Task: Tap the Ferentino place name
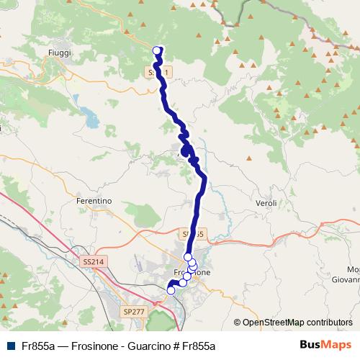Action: (x=94, y=202)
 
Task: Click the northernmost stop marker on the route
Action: (x=158, y=50)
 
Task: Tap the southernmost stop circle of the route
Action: (x=171, y=290)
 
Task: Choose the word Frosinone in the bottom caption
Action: (x=88, y=346)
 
